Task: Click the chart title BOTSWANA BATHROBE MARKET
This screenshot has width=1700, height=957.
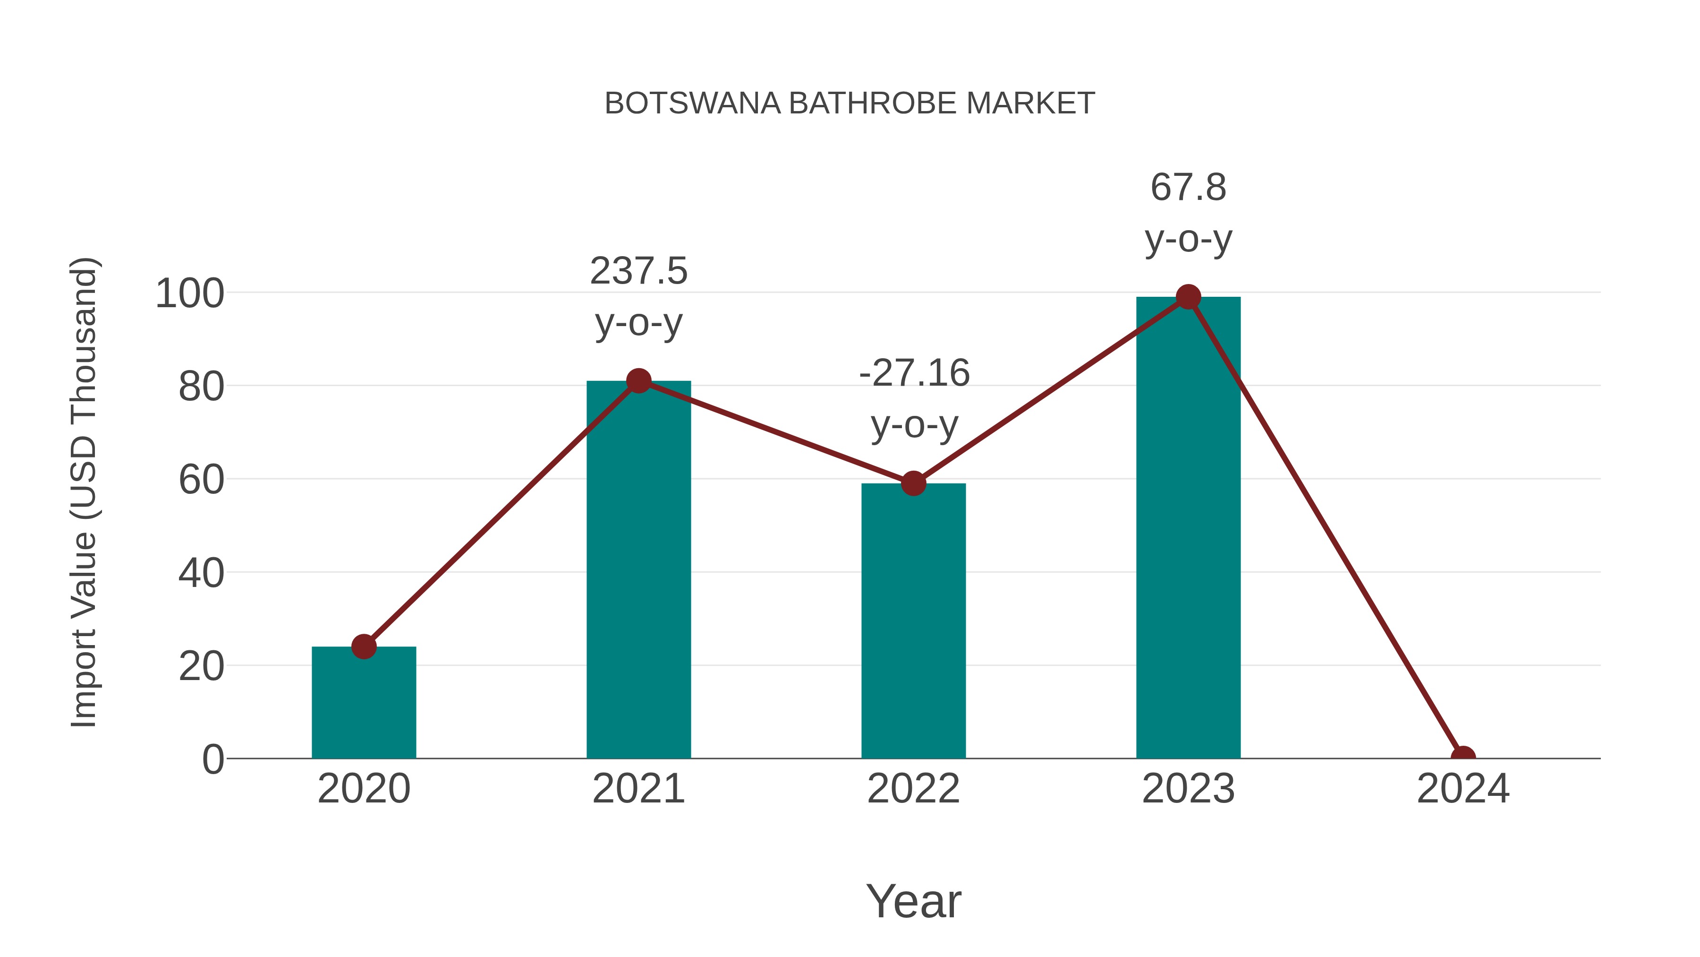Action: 850,103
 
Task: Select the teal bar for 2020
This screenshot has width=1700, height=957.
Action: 364,703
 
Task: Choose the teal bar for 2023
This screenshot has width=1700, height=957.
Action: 1188,528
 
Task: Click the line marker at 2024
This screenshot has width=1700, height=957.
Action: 1462,758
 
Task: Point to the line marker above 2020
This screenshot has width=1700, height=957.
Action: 364,647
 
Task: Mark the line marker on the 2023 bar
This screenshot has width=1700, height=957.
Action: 1188,297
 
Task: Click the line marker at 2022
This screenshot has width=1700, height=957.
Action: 913,483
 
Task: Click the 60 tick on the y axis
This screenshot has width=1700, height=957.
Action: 201,480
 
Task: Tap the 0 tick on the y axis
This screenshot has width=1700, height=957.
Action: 212,759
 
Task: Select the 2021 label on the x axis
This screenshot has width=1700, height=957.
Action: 638,789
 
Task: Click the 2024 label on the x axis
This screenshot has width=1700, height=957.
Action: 1462,789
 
